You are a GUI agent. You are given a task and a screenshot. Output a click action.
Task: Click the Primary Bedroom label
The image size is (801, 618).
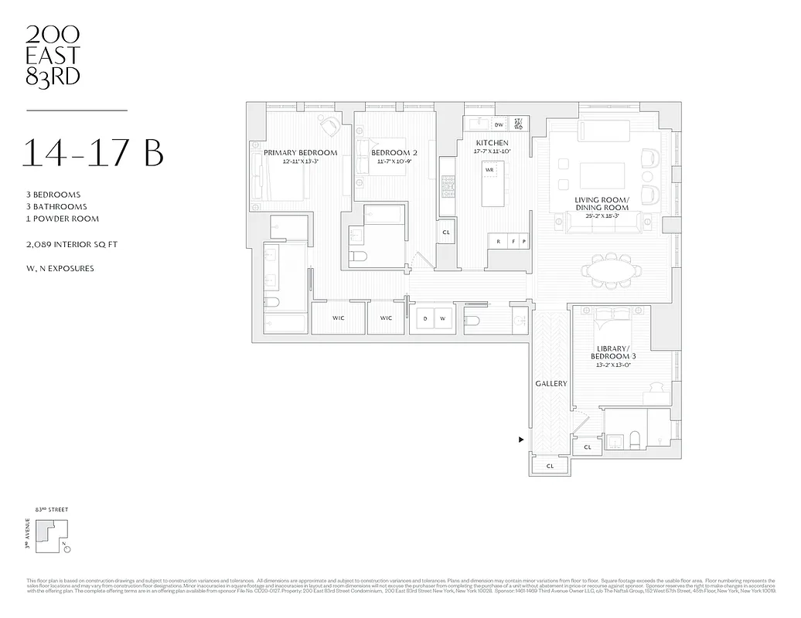[x=301, y=153]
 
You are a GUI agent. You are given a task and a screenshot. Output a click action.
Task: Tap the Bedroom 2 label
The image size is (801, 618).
[x=394, y=153]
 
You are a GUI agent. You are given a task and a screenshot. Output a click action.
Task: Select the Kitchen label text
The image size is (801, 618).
[x=492, y=144]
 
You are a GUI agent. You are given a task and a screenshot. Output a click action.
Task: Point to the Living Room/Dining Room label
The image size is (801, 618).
[x=602, y=204]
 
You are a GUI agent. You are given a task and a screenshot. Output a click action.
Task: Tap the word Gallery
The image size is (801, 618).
[x=551, y=384]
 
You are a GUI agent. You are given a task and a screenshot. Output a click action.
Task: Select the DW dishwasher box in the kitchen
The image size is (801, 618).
[x=499, y=125]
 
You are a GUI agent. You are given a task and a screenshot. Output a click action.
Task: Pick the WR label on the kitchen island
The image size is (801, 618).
[x=489, y=168]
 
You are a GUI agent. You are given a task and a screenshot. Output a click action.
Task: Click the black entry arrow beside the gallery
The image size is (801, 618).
[x=521, y=440]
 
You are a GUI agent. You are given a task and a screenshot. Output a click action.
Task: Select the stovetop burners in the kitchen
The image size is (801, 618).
[x=448, y=186]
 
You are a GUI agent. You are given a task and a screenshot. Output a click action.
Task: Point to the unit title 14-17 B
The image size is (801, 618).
[x=93, y=153]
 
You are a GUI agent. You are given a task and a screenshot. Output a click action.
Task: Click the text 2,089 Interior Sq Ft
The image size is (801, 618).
[x=71, y=244]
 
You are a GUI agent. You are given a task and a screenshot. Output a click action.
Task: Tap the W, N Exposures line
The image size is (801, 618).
[x=60, y=269]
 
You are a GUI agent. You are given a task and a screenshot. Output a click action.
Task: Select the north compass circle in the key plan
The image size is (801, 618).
[x=67, y=550]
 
